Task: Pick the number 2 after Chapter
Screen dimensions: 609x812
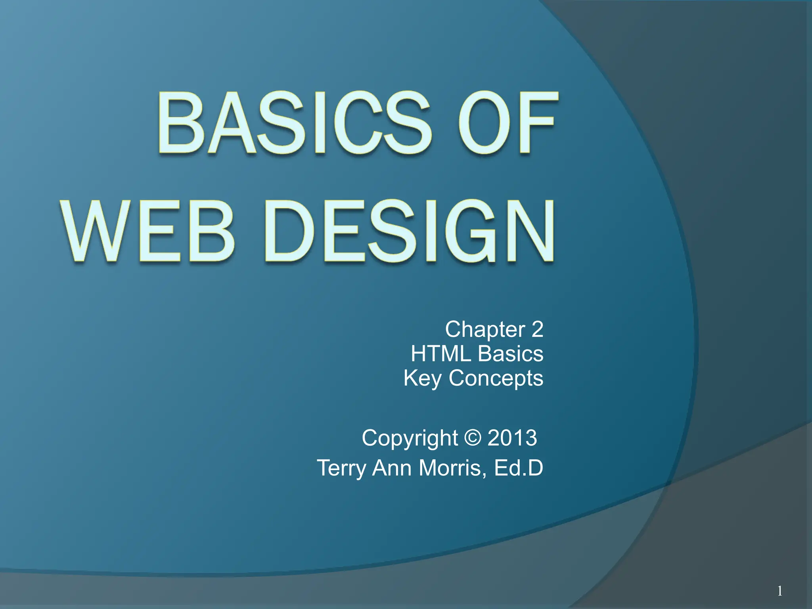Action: [537, 329]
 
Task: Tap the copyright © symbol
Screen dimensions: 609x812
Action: [473, 438]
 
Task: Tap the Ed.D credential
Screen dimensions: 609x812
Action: [519, 468]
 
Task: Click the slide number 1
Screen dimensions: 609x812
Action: [780, 591]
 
